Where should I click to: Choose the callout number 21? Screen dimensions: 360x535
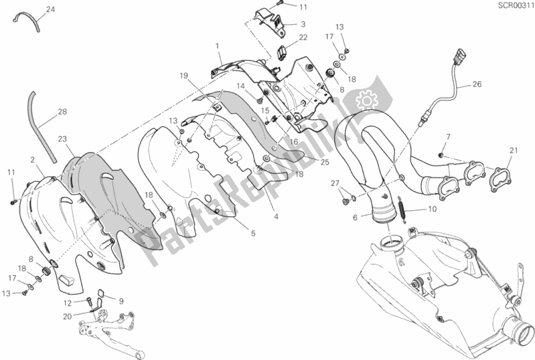pyautogui.click(x=513, y=149)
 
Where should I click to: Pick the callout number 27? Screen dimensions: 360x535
pyautogui.click(x=334, y=183)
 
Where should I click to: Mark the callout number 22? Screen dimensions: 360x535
pyautogui.click(x=303, y=37)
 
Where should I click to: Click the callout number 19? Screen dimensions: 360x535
pyautogui.click(x=183, y=76)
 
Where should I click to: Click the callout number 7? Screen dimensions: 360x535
pyautogui.click(x=449, y=137)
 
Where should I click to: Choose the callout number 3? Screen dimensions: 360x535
pyautogui.click(x=303, y=23)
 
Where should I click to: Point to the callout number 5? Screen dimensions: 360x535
pyautogui.click(x=252, y=234)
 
